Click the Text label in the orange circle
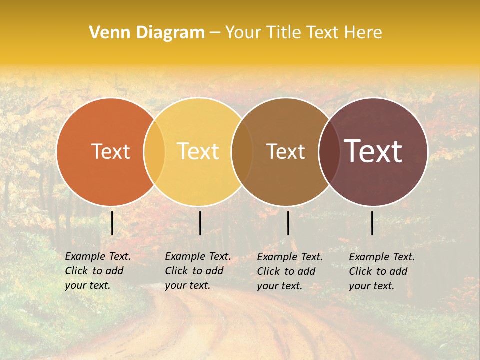[x=110, y=151]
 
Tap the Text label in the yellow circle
[x=198, y=151]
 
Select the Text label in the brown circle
[x=285, y=151]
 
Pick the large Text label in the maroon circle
[x=373, y=151]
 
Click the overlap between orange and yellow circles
[x=154, y=151]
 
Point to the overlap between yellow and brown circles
[x=242, y=151]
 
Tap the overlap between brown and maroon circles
[x=329, y=151]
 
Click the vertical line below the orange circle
[x=112, y=223]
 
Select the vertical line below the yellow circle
[x=200, y=223]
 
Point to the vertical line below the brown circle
[x=288, y=223]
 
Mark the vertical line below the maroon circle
[x=372, y=223]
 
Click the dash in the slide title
[x=215, y=33]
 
